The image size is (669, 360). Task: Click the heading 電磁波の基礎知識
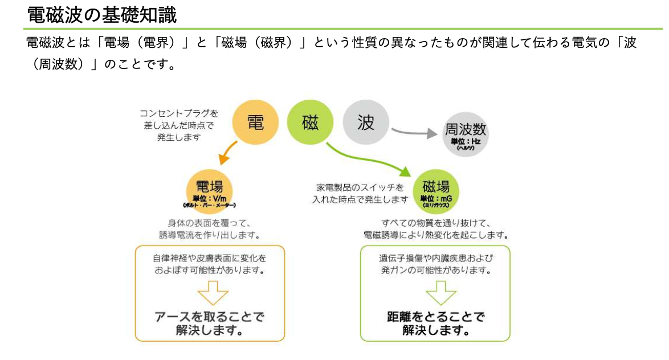(102, 15)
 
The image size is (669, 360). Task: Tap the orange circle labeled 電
(255, 122)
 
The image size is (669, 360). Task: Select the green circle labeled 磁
(310, 122)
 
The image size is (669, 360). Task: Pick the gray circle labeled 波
(366, 122)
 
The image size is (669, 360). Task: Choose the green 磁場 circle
(436, 191)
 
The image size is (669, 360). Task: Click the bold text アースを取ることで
(210, 317)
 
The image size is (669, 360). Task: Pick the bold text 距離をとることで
(435, 317)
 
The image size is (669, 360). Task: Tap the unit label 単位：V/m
(210, 198)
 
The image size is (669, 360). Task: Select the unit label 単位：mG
(436, 198)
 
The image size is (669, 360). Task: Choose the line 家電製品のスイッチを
(360, 187)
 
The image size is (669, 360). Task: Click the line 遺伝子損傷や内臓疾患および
(435, 258)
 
